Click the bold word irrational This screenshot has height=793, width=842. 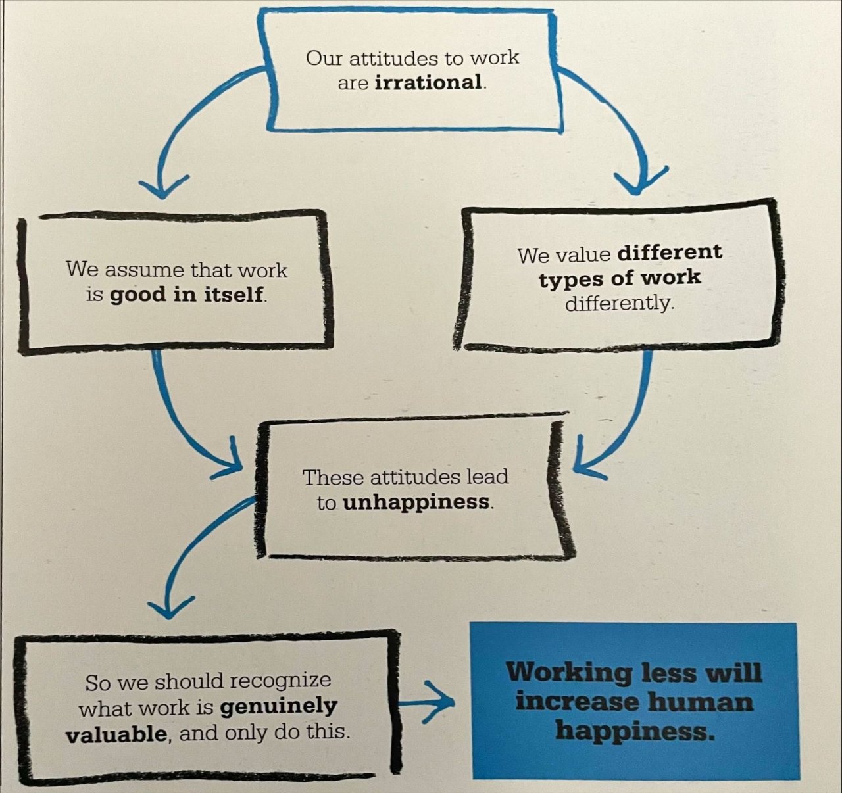(x=428, y=83)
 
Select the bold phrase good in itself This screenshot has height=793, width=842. (x=187, y=295)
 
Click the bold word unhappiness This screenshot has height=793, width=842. (x=416, y=502)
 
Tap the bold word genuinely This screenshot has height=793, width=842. (x=278, y=706)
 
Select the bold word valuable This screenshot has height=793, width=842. (x=116, y=733)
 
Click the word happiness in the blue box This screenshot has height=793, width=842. (x=634, y=730)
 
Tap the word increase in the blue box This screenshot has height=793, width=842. (x=577, y=701)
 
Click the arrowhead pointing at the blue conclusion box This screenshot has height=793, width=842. (x=444, y=702)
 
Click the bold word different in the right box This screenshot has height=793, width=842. (x=670, y=252)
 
